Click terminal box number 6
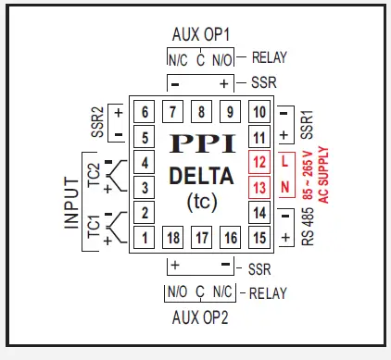coord(145,113)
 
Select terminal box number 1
coord(145,238)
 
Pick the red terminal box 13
coord(259,188)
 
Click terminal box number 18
coord(173,238)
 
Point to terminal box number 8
coord(201,113)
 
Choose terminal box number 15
coord(259,238)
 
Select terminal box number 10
coord(259,113)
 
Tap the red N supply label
coord(286,188)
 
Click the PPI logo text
coord(201,146)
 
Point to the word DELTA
coord(201,176)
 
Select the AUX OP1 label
coord(201,34)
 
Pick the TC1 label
coord(94,227)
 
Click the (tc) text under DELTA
coord(201,200)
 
